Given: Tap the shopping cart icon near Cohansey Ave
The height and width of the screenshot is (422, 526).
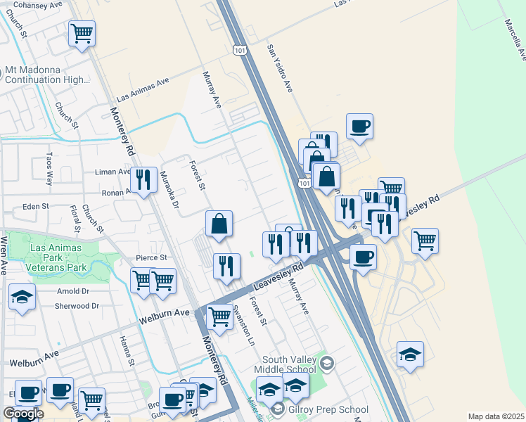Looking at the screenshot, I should pyautogui.click(x=82, y=32).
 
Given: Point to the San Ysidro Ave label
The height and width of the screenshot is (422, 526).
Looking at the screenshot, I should pyautogui.click(x=279, y=69).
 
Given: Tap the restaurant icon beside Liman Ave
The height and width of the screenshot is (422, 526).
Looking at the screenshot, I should pyautogui.click(x=144, y=180).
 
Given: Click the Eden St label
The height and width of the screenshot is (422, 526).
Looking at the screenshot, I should pyautogui.click(x=34, y=206).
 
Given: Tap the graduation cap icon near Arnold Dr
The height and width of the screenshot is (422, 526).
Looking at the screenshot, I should pyautogui.click(x=23, y=298).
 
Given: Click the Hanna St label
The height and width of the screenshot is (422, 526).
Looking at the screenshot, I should pyautogui.click(x=126, y=351).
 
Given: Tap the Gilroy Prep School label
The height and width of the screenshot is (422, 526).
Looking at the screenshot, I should pyautogui.click(x=328, y=409).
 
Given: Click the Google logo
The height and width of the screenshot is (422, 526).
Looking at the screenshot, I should pyautogui.click(x=23, y=414).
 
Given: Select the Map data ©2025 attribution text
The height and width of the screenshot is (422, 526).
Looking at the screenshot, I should pyautogui.click(x=496, y=416).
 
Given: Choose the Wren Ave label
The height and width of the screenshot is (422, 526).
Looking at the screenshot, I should pyautogui.click(x=4, y=255).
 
